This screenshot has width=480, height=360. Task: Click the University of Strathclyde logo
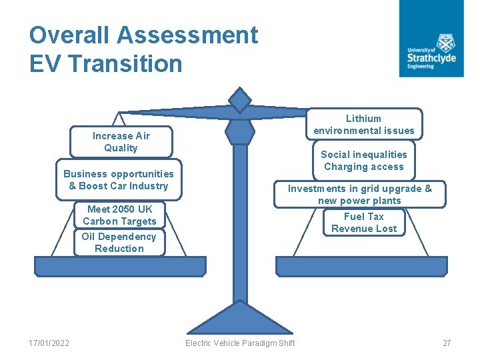click(431, 38)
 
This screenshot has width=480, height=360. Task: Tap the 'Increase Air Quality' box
click(121, 142)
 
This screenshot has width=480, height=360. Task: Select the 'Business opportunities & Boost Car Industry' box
click(119, 179)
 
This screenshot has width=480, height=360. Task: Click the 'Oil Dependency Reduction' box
click(119, 242)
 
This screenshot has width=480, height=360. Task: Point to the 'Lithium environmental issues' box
click(364, 124)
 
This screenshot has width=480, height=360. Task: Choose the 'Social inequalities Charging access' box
click(364, 160)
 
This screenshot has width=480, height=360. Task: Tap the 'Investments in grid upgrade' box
click(360, 194)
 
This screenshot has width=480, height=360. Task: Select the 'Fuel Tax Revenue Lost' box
click(364, 222)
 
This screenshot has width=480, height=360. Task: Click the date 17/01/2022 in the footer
click(49, 343)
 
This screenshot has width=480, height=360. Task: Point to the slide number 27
click(447, 343)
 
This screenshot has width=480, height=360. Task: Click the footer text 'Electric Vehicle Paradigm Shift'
click(240, 343)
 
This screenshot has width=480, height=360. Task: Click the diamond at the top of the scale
click(240, 100)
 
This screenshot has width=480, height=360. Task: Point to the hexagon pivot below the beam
click(240, 131)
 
